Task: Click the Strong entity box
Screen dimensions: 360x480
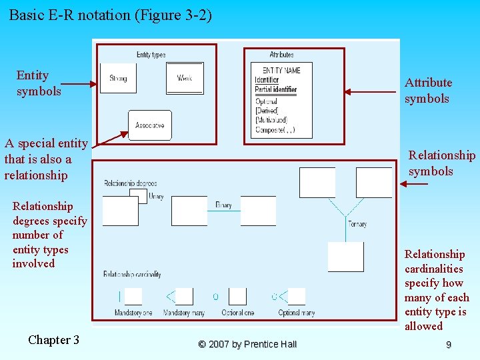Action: pos(118,79)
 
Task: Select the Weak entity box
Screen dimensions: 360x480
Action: pos(185,79)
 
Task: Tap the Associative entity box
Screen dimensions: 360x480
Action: pos(150,125)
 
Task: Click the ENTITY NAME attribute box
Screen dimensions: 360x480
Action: pos(281,100)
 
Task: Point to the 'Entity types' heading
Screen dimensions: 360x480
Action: pos(151,55)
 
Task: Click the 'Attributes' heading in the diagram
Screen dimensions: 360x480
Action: pos(281,55)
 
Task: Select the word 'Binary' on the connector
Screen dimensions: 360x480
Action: pos(223,205)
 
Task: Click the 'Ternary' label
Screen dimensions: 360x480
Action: pos(357,225)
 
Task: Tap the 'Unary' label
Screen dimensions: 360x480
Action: pos(156,197)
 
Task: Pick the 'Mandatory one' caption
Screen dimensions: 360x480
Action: pos(133,313)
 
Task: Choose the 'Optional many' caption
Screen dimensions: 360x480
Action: pos(296,313)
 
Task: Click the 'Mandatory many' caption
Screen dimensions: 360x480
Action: pos(183,313)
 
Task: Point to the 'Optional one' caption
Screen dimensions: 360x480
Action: pos(239,313)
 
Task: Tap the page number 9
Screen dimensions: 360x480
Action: pos(449,345)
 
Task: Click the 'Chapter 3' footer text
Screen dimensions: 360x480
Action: pos(53,340)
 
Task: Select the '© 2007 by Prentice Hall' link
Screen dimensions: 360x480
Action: pos(247,344)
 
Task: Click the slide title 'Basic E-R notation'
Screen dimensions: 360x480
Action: pos(111,15)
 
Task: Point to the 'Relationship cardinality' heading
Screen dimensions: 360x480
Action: pos(131,274)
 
